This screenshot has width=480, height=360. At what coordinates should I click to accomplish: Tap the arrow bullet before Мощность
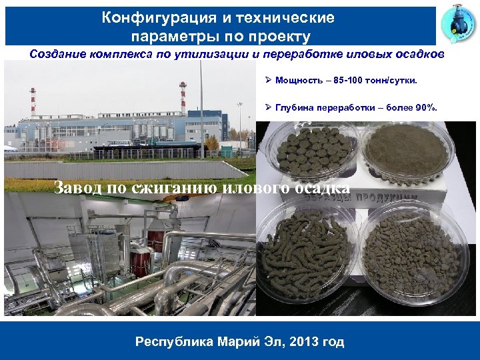point(268,81)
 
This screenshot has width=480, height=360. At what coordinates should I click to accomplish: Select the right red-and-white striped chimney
point(183,98)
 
